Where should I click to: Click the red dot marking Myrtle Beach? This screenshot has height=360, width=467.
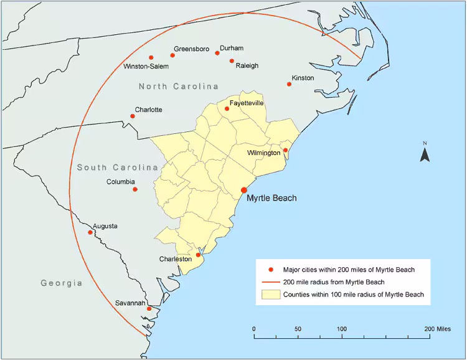(244, 191)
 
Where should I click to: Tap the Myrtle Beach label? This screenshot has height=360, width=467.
(271, 199)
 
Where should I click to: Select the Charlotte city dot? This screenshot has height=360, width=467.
(132, 116)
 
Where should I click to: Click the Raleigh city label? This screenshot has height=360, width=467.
(247, 65)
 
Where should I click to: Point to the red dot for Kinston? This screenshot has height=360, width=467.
(289, 84)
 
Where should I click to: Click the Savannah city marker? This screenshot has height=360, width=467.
(149, 309)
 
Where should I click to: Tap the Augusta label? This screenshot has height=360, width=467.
(105, 226)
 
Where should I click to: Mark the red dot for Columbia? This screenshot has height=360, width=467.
(135, 189)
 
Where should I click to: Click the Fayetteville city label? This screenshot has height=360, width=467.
(247, 103)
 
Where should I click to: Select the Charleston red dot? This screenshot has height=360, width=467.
(199, 255)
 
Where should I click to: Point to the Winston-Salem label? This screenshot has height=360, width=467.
(146, 66)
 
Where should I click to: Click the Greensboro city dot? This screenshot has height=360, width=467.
(172, 55)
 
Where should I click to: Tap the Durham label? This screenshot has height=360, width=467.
(232, 48)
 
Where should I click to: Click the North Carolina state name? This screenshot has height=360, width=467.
(179, 86)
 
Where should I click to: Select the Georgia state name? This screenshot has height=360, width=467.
(62, 283)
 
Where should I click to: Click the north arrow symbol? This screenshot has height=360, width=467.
(425, 153)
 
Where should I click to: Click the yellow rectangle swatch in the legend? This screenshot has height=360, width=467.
(270, 295)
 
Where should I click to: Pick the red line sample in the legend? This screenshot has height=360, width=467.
(270, 282)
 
